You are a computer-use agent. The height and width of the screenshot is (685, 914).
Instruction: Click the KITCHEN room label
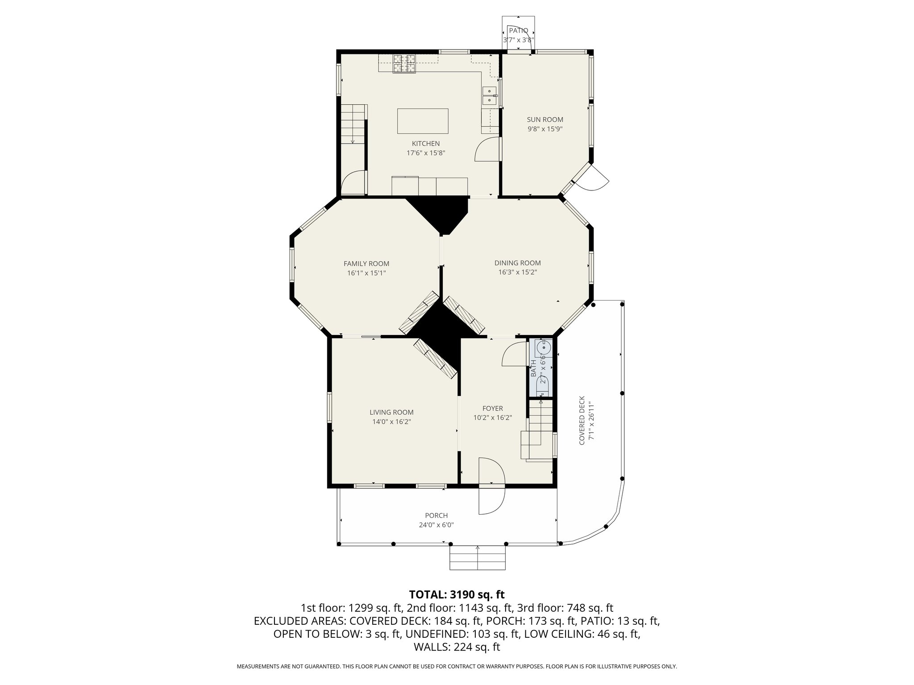(425, 144)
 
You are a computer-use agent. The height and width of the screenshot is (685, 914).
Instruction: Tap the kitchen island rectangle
(423, 121)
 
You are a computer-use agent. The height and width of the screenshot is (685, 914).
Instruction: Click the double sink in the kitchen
(490, 96)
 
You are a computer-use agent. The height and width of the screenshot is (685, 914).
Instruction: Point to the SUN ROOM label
(545, 120)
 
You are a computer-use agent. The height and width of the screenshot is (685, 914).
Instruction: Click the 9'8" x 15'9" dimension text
(545, 129)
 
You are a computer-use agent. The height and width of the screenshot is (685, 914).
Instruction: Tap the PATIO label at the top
(518, 31)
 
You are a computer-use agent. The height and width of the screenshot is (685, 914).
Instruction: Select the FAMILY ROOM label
(366, 264)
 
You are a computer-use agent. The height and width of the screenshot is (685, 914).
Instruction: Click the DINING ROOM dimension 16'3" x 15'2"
(517, 272)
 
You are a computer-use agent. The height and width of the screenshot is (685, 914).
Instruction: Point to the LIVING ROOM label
(391, 413)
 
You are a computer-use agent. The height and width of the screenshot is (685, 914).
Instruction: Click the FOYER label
(492, 409)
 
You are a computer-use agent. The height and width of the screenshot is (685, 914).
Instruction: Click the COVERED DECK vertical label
(582, 420)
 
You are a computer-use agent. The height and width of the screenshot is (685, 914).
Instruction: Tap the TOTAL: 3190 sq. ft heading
(457, 594)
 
